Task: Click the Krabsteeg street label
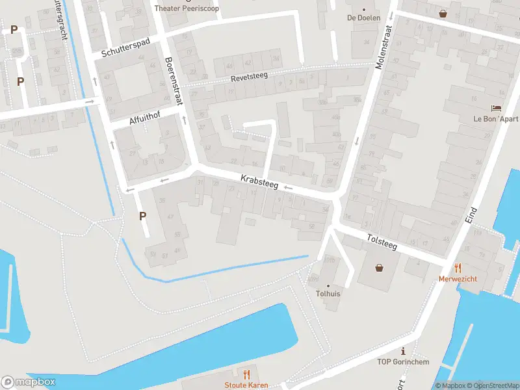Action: pos(259,182)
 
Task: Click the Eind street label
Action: pos(473,215)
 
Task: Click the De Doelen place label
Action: pos(364,18)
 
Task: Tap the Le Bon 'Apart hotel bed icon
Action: pos(496,109)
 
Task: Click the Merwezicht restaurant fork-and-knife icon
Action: pos(458,267)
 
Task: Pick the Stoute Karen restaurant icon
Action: pos(246,374)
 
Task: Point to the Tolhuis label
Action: pos(328,293)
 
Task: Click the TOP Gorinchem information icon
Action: pos(403,351)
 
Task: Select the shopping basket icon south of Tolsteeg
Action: pos(379,267)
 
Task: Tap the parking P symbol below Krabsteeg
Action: pos(142,216)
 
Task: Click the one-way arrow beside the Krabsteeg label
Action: pos(289,188)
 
